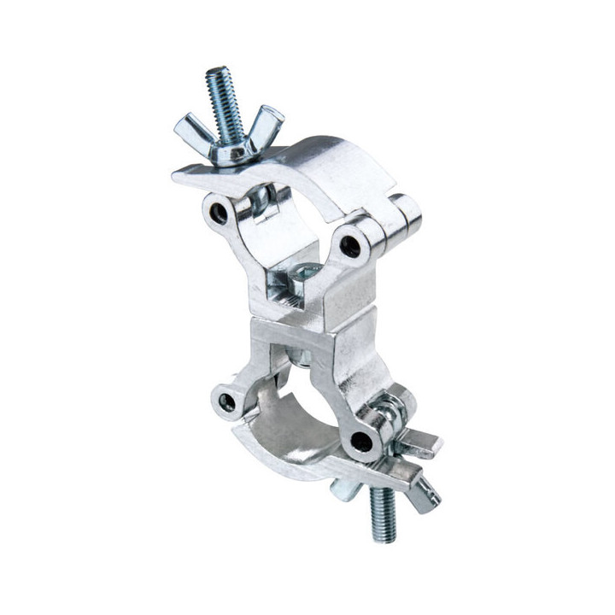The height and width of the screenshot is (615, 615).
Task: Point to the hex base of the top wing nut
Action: point(231,153)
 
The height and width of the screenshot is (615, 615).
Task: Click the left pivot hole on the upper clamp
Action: point(220,212)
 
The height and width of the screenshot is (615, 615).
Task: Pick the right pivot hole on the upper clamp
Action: point(349,247)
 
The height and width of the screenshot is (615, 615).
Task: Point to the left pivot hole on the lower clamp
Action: point(226,401)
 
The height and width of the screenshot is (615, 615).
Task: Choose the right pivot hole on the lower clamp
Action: point(362,443)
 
